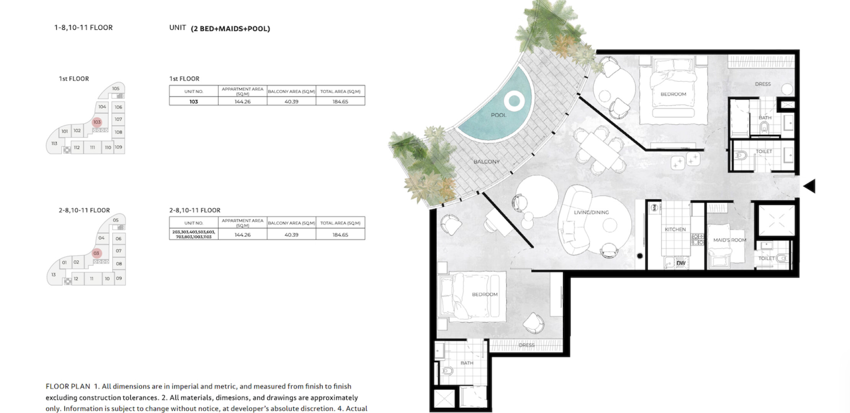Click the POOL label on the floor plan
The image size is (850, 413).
pyautogui.click(x=499, y=115)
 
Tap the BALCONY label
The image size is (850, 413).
pyautogui.click(x=487, y=162)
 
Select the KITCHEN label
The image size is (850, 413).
pyautogui.click(x=675, y=229)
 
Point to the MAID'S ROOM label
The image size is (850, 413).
pyautogui.click(x=730, y=240)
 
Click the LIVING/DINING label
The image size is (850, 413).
pyautogui.click(x=591, y=213)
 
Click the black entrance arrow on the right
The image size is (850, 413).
pyautogui.click(x=809, y=186)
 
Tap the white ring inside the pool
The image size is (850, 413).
pyautogui.click(x=514, y=101)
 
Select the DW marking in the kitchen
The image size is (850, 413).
pyautogui.click(x=681, y=263)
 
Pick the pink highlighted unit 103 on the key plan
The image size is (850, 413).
pyautogui.click(x=97, y=122)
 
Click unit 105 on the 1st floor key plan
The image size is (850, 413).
pyautogui.click(x=116, y=89)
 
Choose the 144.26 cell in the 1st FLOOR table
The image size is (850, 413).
pyautogui.click(x=243, y=102)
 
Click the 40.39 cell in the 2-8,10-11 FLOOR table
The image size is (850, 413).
pyautogui.click(x=291, y=235)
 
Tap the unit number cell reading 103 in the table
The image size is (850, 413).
pyautogui.click(x=194, y=102)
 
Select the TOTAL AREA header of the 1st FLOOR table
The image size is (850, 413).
pyautogui.click(x=340, y=91)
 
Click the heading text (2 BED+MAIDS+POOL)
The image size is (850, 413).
pyautogui.click(x=230, y=29)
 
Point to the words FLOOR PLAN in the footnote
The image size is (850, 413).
pyautogui.click(x=68, y=387)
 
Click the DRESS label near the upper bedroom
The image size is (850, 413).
pyautogui.click(x=763, y=84)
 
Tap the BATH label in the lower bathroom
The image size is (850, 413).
pyautogui.click(x=467, y=363)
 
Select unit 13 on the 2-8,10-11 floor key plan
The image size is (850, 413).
pyautogui.click(x=54, y=275)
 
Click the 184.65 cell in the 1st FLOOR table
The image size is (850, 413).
pyautogui.click(x=340, y=102)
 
